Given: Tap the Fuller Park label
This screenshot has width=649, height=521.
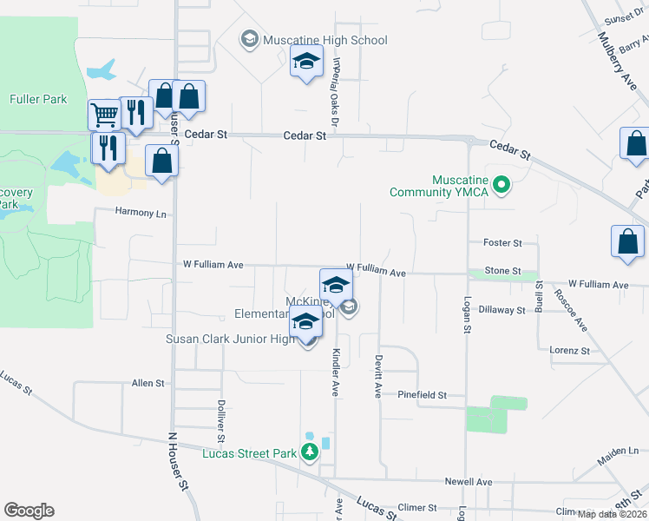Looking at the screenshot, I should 38,99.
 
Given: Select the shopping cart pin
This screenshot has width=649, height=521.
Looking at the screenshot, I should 104,115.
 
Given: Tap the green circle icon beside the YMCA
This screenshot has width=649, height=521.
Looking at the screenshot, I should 501,184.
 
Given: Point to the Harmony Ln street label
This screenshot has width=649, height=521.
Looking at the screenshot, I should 141,212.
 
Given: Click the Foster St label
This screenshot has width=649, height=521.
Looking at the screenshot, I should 503,243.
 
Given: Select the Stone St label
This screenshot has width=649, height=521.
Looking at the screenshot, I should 502,271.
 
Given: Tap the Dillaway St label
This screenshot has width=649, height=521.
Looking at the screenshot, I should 502,309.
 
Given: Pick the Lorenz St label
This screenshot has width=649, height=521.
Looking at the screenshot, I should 569,351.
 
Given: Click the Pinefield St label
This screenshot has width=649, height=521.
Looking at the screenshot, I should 422,394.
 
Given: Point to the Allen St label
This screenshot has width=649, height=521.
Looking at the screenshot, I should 147,383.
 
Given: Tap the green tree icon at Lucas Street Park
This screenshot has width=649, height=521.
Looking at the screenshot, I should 310,452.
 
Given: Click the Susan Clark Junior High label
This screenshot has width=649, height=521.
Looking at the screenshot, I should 231,339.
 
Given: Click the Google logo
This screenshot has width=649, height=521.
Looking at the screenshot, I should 29,511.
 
